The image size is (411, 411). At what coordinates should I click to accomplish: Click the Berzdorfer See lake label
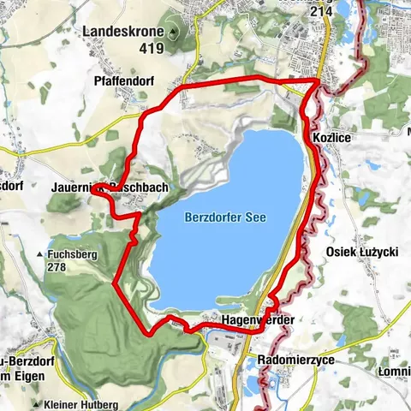tap(225, 217)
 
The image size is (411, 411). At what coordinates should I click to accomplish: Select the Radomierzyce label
tap(296, 360)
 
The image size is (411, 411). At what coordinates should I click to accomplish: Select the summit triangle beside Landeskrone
tap(175, 33)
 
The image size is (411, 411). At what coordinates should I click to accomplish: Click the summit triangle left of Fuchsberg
tap(39, 255)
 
